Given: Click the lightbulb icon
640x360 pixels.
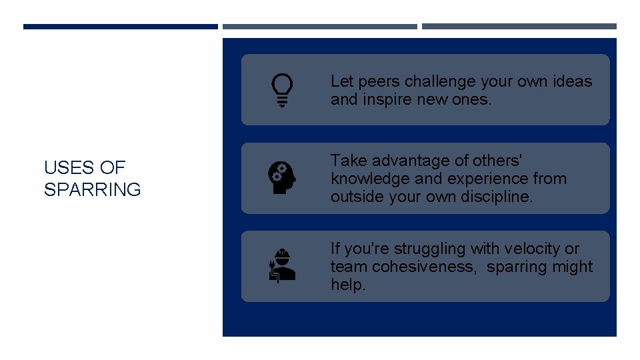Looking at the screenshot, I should [282, 90].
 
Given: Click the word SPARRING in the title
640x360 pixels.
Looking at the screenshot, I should [92, 190].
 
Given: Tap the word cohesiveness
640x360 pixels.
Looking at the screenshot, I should [425, 267].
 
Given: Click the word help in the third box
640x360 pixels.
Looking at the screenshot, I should [347, 285].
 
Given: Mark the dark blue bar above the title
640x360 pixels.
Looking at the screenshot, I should [120, 27].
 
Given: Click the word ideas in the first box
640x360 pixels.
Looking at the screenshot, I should [573, 81].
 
